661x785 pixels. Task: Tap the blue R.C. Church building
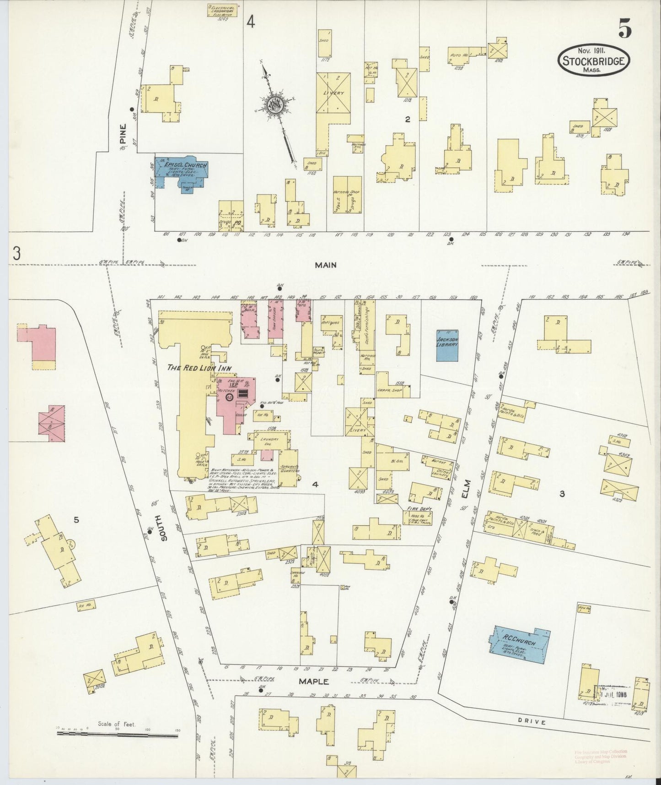coord(521,645)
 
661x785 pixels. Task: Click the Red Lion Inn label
coord(199,368)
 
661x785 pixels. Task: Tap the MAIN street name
coord(326,265)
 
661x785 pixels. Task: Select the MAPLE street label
coord(314,681)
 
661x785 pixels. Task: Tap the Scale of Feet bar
coord(118,735)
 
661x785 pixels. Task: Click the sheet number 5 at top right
coord(625,30)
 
